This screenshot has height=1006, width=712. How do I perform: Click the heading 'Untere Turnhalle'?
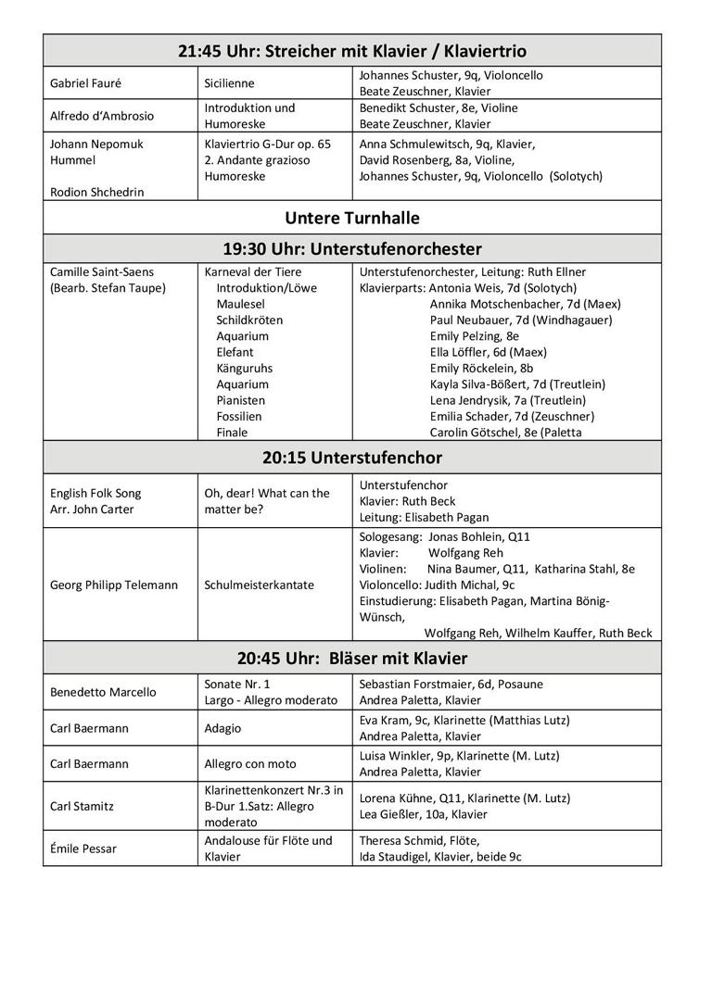(x=352, y=219)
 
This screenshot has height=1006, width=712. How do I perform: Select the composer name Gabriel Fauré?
(x=85, y=83)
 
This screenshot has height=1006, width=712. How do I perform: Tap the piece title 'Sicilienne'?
(x=229, y=83)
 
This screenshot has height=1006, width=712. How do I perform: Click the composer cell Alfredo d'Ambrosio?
(x=102, y=116)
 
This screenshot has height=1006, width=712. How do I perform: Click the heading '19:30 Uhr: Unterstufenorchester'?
(x=352, y=249)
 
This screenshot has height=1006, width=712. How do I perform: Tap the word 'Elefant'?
(x=235, y=352)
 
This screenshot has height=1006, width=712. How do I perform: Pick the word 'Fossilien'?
(x=239, y=417)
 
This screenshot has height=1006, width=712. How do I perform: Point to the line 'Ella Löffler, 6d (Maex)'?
(x=488, y=352)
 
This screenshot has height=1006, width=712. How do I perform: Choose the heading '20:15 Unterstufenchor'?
(x=352, y=458)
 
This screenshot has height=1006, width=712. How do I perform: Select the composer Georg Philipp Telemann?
(x=114, y=585)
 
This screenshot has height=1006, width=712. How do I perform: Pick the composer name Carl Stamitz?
(x=83, y=806)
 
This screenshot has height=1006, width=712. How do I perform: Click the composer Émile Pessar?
(x=83, y=849)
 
